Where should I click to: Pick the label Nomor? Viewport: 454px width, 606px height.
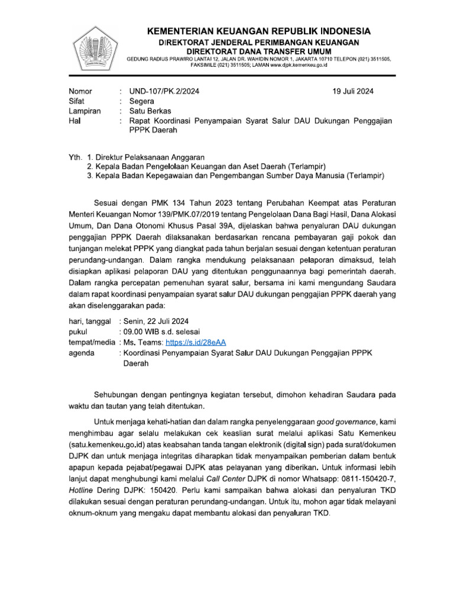[81, 91]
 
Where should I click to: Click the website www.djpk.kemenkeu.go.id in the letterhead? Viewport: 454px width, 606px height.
[293, 66]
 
